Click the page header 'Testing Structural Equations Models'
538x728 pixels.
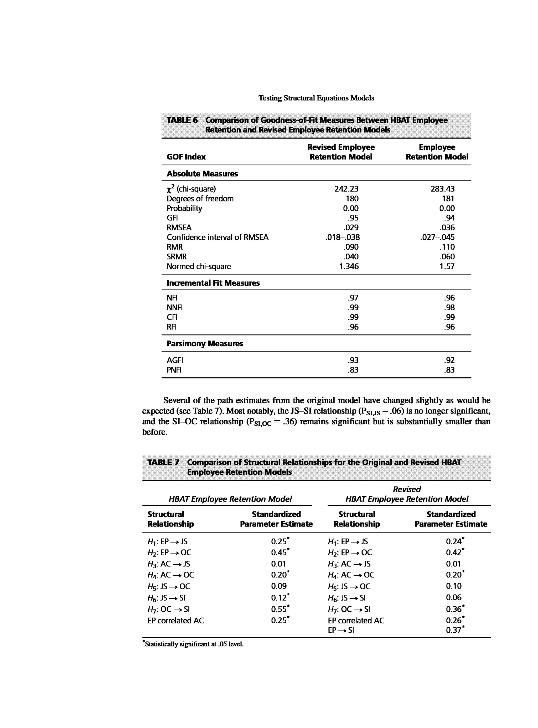[316, 98]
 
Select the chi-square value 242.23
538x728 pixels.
[346, 189]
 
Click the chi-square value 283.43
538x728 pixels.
[442, 189]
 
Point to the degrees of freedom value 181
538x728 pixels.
[448, 199]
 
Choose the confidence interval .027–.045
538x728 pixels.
[437, 237]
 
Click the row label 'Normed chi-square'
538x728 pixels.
[199, 266]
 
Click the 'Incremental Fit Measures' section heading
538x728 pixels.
[213, 283]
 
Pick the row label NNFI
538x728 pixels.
[174, 307]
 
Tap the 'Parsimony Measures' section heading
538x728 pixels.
[205, 344]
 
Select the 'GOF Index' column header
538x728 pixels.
[186, 157]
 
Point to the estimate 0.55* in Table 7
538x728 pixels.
[280, 609]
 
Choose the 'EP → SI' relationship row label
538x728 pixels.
[341, 630]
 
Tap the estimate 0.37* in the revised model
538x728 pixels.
[455, 630]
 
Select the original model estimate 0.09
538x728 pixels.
[279, 586]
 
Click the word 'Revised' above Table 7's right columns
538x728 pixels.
[406, 489]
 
